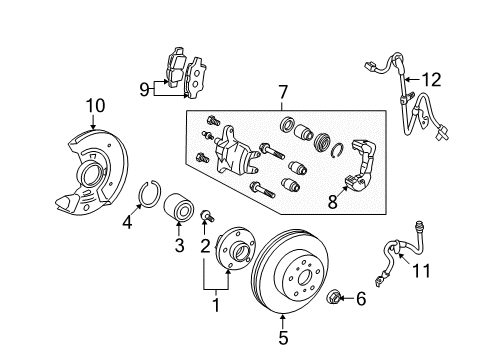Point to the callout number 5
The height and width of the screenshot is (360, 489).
click(x=282, y=350)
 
